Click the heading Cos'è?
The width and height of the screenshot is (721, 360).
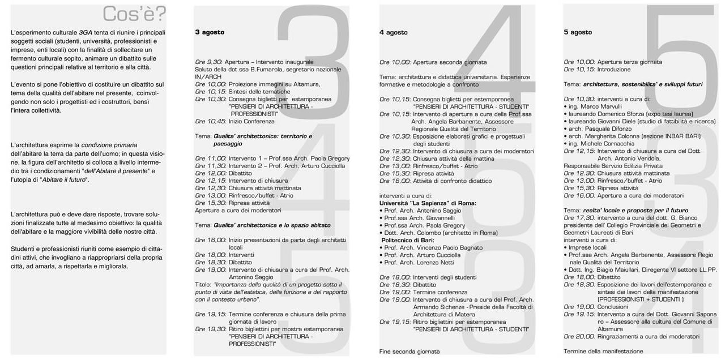click(x=134, y=14)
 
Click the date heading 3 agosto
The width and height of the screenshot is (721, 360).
click(x=210, y=32)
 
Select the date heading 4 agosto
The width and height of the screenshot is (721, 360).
click(x=394, y=32)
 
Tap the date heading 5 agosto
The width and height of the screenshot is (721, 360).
click(x=578, y=32)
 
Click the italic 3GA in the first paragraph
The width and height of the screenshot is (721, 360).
click(x=86, y=32)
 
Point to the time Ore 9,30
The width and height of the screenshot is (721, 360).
click(x=208, y=62)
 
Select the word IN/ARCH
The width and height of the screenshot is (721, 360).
click(x=208, y=76)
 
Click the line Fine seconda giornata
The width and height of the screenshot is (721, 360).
click(x=409, y=351)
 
